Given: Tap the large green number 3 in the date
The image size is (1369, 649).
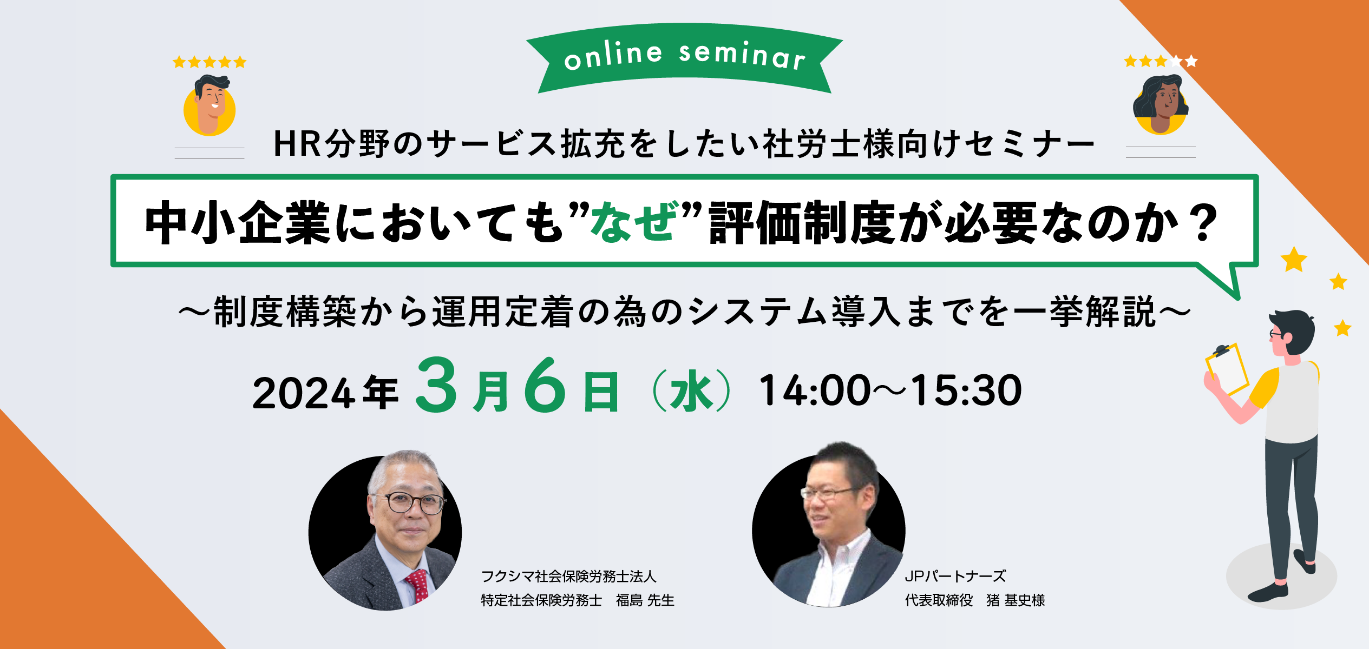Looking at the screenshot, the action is pyautogui.click(x=436, y=385).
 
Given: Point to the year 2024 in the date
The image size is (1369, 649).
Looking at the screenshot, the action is pyautogui.click(x=304, y=393).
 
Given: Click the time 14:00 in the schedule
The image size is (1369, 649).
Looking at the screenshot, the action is pyautogui.click(x=814, y=390).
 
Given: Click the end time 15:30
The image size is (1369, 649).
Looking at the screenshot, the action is pyautogui.click(x=967, y=390).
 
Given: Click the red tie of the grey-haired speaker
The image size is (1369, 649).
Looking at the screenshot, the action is pyautogui.click(x=417, y=586).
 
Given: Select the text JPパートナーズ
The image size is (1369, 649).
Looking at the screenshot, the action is pyautogui.click(x=955, y=577).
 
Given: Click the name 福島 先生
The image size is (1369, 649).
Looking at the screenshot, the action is pyautogui.click(x=645, y=600).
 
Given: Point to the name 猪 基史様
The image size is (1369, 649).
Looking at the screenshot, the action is pyautogui.click(x=1016, y=600).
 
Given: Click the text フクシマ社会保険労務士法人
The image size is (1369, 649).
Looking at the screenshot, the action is pyautogui.click(x=569, y=577).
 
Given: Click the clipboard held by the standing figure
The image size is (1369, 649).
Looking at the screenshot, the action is pyautogui.click(x=1227, y=368).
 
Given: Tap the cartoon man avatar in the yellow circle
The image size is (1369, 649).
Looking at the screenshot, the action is pyautogui.click(x=209, y=106).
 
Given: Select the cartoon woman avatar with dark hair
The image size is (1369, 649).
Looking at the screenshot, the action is pyautogui.click(x=1161, y=104).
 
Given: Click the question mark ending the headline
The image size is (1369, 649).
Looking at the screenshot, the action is pyautogui.click(x=1205, y=223).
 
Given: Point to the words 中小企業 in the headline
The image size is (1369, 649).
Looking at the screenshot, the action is pyautogui.click(x=238, y=222).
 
